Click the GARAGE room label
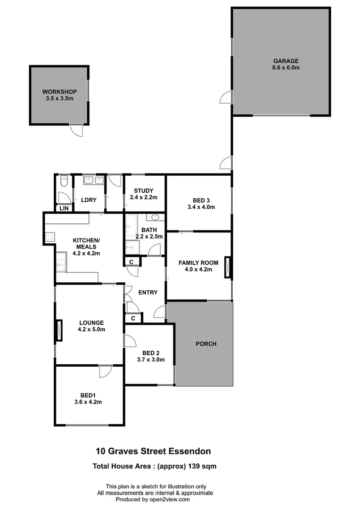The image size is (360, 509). [x=286, y=61]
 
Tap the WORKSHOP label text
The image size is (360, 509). [x=59, y=91]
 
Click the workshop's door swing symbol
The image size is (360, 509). [x=76, y=130]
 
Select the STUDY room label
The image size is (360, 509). [x=143, y=190]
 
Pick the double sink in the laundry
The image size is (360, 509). [x=93, y=180]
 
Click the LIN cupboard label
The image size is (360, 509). [x=63, y=208]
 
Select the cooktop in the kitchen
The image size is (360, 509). [x=50, y=238]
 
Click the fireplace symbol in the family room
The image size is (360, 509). [x=228, y=269]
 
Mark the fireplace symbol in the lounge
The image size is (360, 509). [x=59, y=330]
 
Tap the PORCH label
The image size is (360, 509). [x=206, y=344]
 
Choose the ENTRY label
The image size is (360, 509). [x=147, y=292]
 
